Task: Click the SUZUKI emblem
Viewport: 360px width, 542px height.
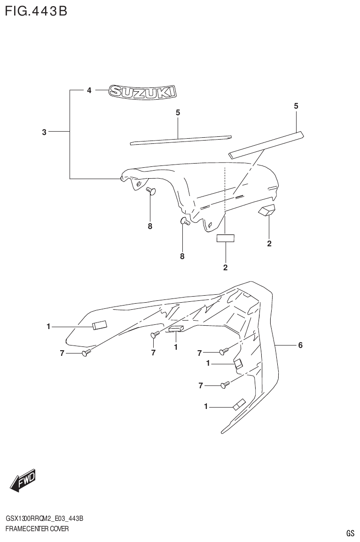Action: point(142,91)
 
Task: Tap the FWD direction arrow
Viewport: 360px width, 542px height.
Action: point(23,480)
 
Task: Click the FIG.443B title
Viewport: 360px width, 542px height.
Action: point(36,10)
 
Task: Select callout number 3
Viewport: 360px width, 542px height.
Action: point(44,133)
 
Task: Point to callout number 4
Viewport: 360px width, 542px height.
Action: point(88,91)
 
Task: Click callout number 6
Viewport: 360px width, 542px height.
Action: point(300,346)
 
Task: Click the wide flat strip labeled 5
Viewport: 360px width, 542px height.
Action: point(266,144)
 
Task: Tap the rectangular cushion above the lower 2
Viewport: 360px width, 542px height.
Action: point(225,238)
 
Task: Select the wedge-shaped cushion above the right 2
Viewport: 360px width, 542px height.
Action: point(266,211)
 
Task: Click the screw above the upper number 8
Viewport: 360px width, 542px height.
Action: point(150,190)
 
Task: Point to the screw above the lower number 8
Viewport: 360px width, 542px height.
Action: point(184,221)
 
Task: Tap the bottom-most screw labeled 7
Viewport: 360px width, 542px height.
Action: point(225,385)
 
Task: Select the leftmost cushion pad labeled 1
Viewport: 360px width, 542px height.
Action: point(100,325)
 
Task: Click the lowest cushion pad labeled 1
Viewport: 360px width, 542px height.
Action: point(238,404)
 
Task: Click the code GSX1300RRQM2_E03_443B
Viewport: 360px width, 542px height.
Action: point(45,518)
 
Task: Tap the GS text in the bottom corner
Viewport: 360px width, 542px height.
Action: point(350,533)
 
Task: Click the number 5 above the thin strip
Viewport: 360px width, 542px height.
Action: point(178,112)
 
